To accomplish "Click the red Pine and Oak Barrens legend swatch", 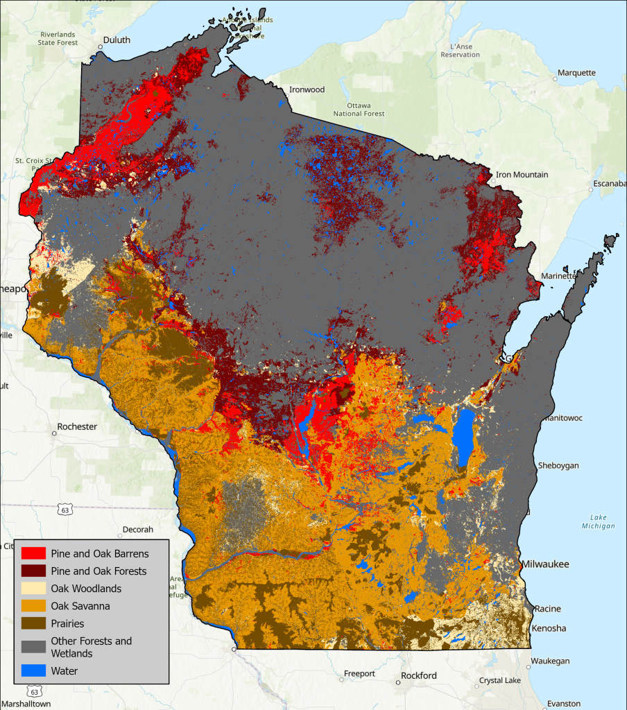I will coord(34,554).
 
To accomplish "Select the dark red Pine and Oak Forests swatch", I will coord(34,571).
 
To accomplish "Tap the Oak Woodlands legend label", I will coord(86,589).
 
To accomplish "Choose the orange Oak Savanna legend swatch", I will coord(34,606).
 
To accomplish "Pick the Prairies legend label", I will coord(68,623).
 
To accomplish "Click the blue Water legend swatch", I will coord(34,670).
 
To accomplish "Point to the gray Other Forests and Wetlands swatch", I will coord(34,647).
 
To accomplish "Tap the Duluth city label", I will coord(117,40).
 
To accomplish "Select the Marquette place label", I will coord(576,73).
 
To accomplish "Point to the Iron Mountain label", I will coord(522,175).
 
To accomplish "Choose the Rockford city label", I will coord(419,675).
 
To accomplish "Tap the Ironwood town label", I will coord(307,89).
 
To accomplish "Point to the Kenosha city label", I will coord(549,628).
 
